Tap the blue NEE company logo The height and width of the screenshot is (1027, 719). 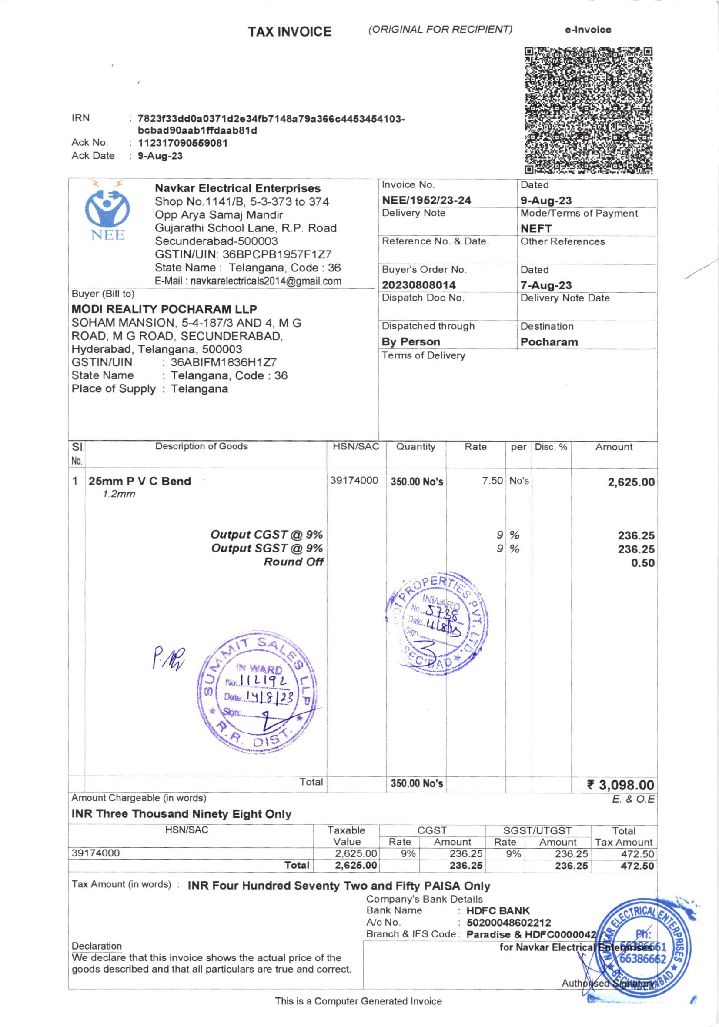click(107, 210)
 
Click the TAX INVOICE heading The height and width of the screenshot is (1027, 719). click(290, 32)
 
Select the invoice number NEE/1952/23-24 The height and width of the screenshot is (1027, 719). click(426, 200)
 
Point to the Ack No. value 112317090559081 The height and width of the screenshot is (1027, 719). click(183, 143)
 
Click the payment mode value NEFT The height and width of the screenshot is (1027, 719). click(536, 228)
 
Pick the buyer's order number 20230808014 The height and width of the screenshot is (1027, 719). click(418, 285)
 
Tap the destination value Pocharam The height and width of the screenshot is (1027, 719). click(549, 342)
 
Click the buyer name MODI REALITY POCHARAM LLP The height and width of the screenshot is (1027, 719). click(164, 309)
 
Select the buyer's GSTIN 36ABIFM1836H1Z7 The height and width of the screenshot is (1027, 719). click(223, 362)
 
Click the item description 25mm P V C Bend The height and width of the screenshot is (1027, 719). click(140, 481)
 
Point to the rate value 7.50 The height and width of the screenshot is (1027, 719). click(492, 481)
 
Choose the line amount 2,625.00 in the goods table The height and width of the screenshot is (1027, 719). click(631, 482)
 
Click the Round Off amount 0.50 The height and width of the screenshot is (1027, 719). click(642, 563)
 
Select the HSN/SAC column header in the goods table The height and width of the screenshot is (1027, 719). click(356, 446)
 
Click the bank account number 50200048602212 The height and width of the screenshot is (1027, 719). click(509, 923)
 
